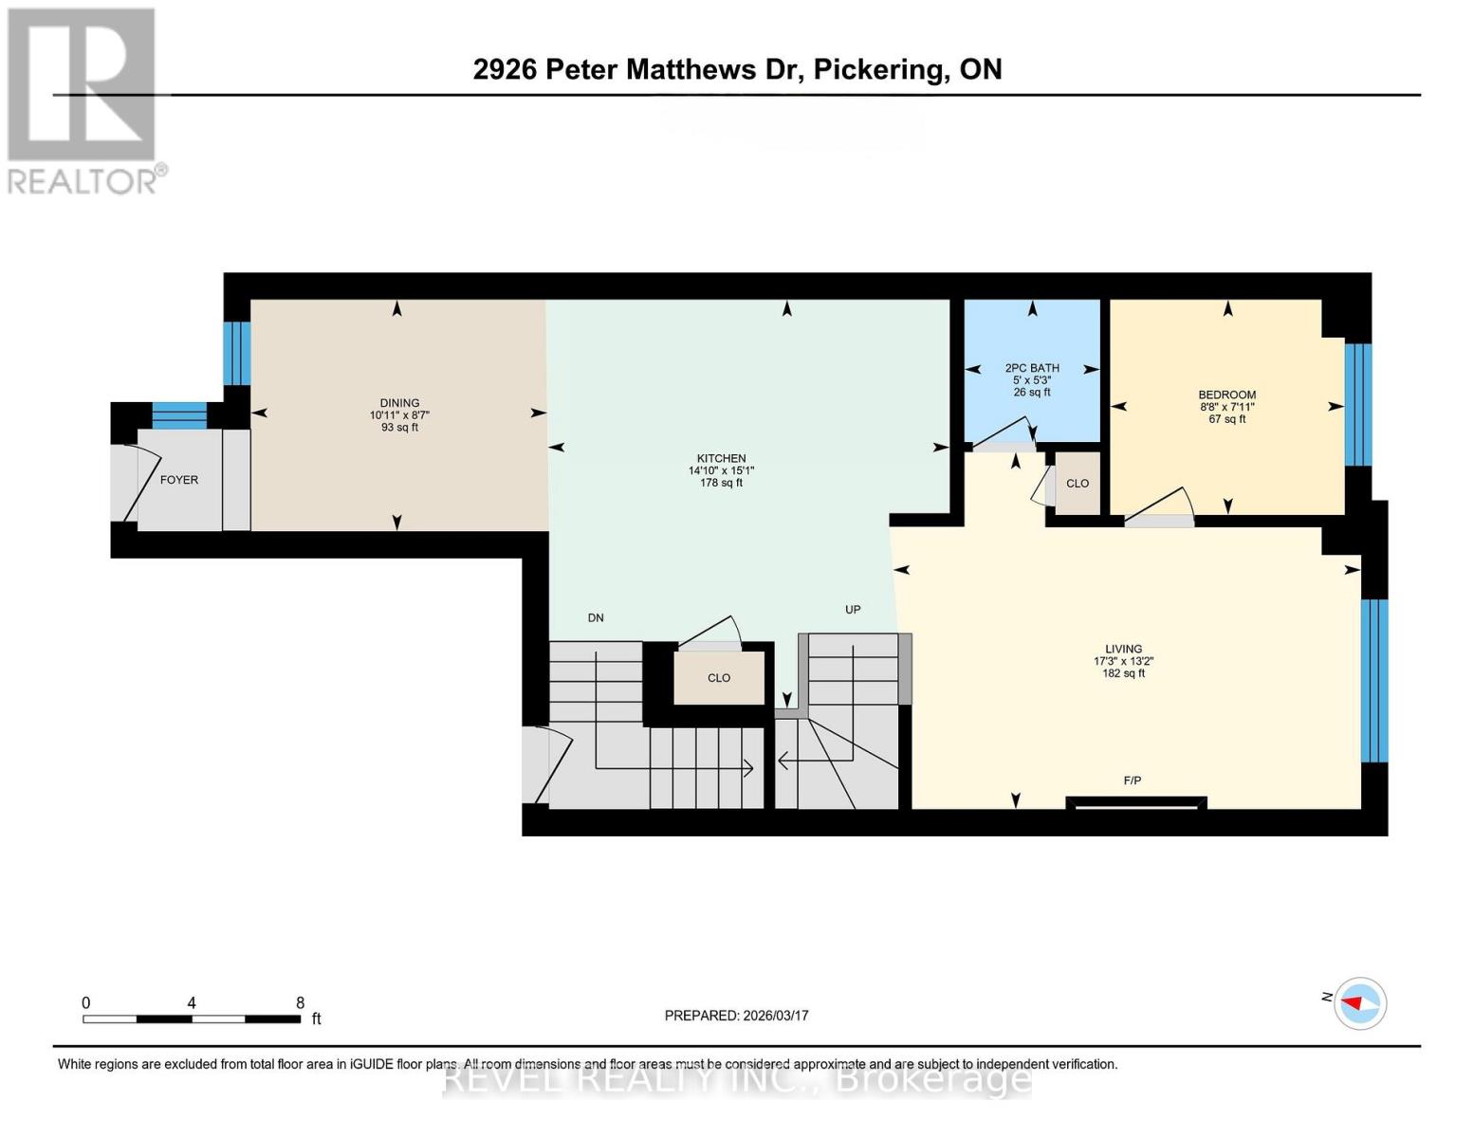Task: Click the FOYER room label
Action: (178, 480)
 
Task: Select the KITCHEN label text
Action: (721, 458)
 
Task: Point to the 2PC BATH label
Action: (1032, 368)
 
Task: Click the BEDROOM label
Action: (1226, 395)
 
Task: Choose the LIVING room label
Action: (1123, 650)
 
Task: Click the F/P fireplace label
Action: (1132, 780)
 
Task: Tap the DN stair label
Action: (596, 617)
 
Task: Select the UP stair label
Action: (853, 610)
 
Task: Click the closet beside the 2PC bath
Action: (1077, 484)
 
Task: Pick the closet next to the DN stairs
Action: (719, 678)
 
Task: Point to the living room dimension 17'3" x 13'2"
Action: (1123, 662)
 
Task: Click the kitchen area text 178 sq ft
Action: (721, 483)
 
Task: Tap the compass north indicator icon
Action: (1360, 1003)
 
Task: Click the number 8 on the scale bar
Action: (300, 1002)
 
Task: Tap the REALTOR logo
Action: (83, 100)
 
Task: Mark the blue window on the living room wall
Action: (1373, 680)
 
